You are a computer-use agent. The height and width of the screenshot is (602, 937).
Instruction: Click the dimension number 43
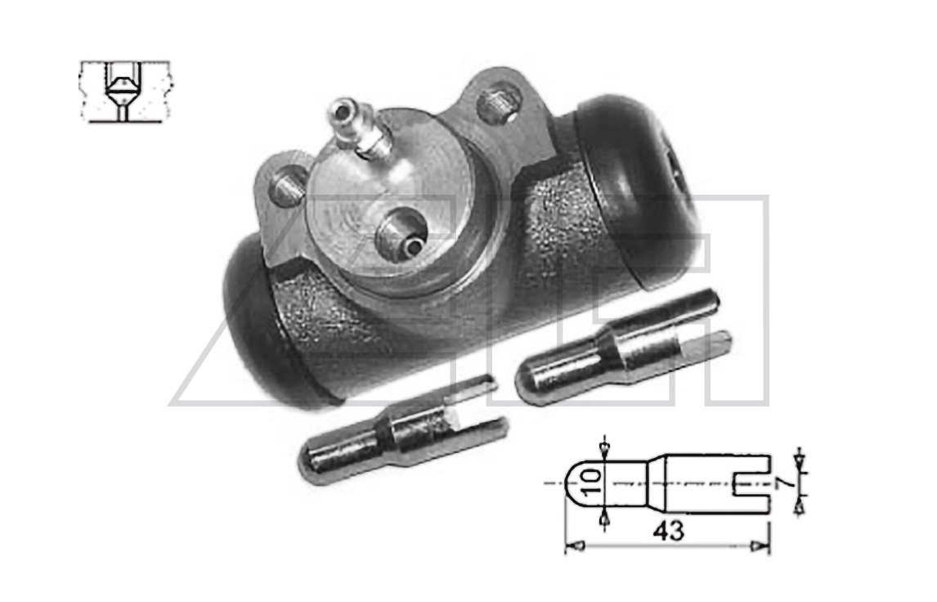coord(668,531)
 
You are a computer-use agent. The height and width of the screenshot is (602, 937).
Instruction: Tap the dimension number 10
coord(592,483)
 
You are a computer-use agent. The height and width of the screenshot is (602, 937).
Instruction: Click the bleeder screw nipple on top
coord(357,130)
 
